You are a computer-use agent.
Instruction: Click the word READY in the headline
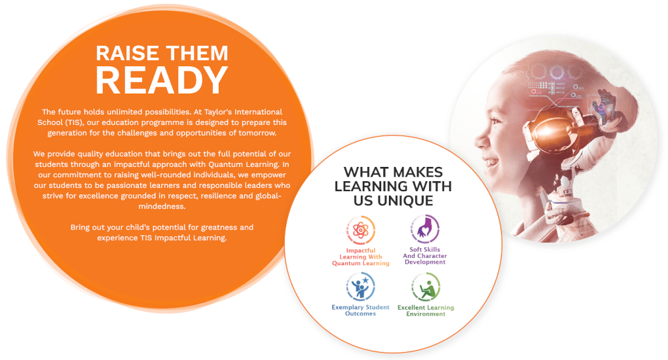[x=162, y=80]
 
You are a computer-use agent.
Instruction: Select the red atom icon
[x=360, y=230]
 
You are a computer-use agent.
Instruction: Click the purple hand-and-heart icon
[x=425, y=229]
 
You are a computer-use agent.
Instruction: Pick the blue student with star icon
[x=360, y=287]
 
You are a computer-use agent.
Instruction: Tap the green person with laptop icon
[x=426, y=287]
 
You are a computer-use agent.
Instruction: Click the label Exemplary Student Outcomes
[x=360, y=310]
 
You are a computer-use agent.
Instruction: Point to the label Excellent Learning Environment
[x=426, y=310]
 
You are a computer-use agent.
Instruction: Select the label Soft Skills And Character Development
[x=425, y=256]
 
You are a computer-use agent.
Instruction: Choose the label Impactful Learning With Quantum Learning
[x=360, y=257]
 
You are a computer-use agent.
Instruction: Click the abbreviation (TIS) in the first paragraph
[x=74, y=122]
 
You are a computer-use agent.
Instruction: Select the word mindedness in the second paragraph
[x=162, y=206]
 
